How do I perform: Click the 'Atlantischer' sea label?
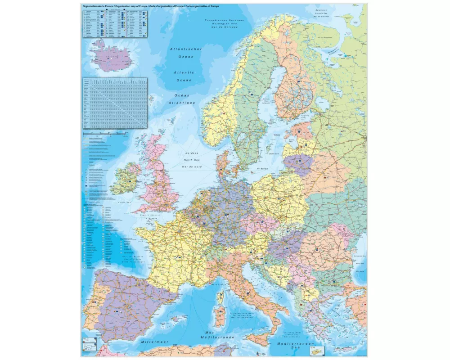click(x=185, y=49)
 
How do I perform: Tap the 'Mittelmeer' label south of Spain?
click(x=154, y=342)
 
